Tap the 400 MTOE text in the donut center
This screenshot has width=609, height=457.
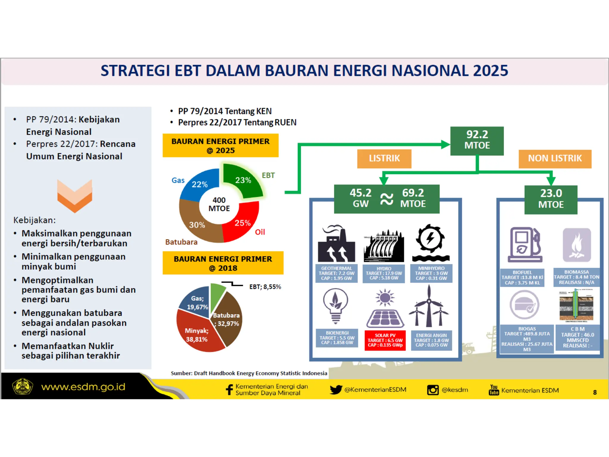point(219,204)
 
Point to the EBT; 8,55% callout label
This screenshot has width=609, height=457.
point(265,287)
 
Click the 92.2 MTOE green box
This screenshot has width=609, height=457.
point(477,141)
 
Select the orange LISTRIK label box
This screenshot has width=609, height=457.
point(384,159)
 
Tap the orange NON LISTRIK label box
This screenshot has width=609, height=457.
point(555,159)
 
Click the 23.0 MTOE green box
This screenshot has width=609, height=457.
point(551,199)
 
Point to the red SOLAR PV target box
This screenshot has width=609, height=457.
point(385,340)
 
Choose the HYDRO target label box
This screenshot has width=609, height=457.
point(384,273)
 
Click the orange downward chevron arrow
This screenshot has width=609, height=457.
point(75,196)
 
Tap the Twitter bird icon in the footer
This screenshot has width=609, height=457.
point(336,389)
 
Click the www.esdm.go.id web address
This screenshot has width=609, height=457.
point(83,387)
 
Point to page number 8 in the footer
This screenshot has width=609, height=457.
point(594,392)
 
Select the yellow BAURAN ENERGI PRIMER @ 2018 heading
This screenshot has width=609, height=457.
point(223,263)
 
